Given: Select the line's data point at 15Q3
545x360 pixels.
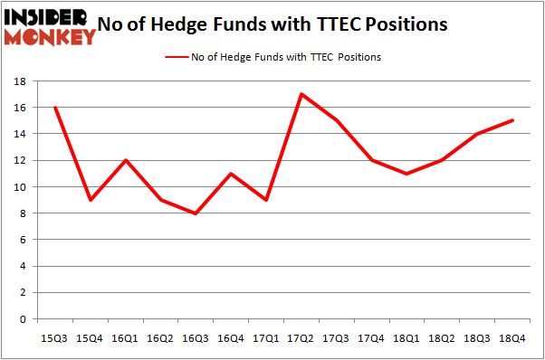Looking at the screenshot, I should (x=56, y=108).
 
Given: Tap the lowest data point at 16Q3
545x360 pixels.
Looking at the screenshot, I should (x=196, y=213).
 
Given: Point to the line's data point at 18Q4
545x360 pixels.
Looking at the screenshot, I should (x=513, y=120).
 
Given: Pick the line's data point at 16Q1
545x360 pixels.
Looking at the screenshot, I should (x=126, y=160).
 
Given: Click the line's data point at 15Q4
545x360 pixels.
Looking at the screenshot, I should (x=91, y=200).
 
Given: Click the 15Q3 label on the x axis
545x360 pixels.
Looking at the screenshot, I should (x=56, y=337).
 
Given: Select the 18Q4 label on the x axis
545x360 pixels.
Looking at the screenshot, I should (x=513, y=337).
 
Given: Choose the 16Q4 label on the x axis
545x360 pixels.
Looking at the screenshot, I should (x=230, y=337).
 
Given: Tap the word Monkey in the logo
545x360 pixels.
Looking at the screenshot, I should (x=51, y=37).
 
